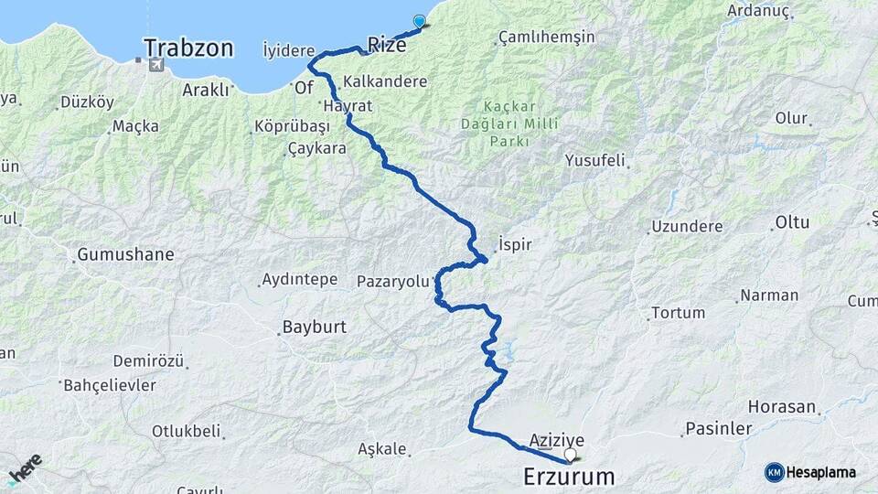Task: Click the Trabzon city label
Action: click(188, 48)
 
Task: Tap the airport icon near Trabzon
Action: click(155, 65)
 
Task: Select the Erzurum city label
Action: click(569, 476)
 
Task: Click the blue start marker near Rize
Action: click(420, 21)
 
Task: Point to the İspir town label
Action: click(514, 245)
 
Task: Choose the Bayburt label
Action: click(315, 327)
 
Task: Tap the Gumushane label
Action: click(125, 254)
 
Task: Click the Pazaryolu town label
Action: click(392, 282)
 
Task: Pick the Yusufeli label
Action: click(594, 161)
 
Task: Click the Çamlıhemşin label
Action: click(546, 38)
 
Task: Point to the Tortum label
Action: click(678, 313)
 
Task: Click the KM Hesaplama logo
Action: click(810, 472)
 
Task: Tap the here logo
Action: click(25, 469)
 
